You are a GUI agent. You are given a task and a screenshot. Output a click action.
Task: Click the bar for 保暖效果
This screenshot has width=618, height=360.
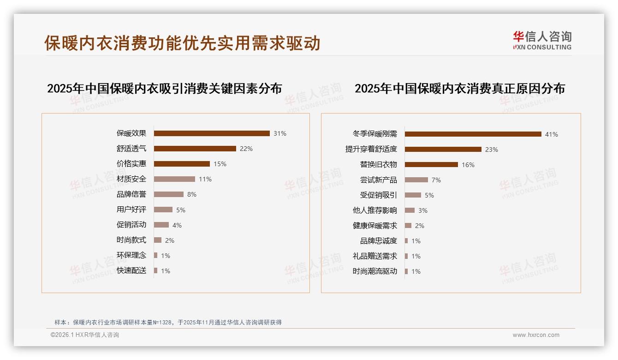click(x=212, y=133)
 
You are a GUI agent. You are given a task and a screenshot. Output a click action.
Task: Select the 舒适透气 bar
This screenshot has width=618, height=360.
click(x=195, y=149)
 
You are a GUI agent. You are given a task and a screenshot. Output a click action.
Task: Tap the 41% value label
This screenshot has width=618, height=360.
click(x=552, y=134)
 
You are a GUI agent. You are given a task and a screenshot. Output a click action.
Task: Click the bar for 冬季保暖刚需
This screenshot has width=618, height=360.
click(x=473, y=134)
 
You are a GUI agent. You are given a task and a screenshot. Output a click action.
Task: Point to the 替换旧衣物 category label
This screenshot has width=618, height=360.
click(x=378, y=164)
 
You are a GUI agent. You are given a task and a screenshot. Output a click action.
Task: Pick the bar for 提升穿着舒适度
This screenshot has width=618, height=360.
click(x=443, y=150)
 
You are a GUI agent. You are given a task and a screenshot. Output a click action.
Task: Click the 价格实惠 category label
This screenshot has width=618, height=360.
click(x=131, y=164)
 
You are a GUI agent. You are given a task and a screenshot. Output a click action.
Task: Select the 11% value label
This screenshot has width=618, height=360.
click(x=205, y=179)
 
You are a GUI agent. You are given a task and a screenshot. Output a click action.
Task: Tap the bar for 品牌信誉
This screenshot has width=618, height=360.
click(x=168, y=194)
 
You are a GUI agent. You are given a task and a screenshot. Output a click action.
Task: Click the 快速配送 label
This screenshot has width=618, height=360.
click(x=131, y=270)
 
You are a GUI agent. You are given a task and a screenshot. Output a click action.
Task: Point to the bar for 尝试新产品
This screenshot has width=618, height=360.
click(x=416, y=180)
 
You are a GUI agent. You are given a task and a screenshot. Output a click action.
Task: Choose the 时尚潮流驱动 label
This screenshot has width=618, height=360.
click(x=374, y=271)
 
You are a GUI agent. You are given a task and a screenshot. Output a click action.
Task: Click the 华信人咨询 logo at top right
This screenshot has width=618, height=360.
click(x=542, y=40)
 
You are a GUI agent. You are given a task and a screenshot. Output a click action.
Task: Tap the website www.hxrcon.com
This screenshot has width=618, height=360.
click(x=536, y=335)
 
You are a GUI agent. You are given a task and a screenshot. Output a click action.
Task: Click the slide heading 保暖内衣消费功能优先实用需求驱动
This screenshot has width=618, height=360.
click(x=182, y=43)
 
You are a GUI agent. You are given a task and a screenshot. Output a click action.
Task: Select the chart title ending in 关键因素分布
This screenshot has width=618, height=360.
click(x=164, y=88)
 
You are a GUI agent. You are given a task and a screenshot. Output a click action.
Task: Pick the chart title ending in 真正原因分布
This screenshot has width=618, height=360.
click(x=459, y=88)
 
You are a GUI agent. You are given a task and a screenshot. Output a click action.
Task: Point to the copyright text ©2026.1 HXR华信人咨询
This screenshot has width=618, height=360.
click(x=85, y=335)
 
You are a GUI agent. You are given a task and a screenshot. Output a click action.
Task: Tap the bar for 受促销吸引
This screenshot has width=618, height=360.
click(x=413, y=195)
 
